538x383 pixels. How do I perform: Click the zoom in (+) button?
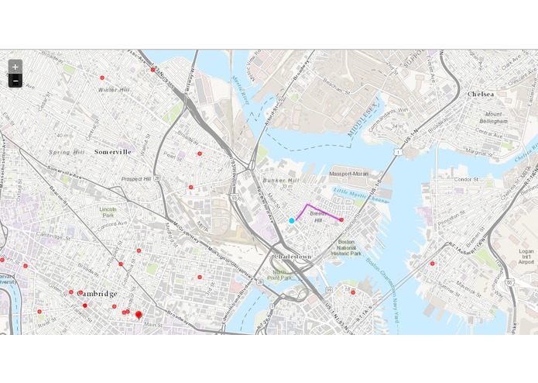15,67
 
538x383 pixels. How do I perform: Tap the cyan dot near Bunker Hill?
292,221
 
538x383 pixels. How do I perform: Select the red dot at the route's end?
341,220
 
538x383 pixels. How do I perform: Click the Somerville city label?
113,152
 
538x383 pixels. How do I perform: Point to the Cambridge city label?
97,294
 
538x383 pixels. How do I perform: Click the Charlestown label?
293,256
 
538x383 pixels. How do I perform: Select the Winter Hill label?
114,90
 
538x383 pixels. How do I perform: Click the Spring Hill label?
67,152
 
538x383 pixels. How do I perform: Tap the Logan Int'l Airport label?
526,257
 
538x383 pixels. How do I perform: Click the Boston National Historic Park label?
346,247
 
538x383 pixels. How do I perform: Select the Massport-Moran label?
350,174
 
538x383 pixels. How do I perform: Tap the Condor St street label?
468,180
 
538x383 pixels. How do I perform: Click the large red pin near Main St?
139,315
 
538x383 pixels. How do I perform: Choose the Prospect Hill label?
136,179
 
